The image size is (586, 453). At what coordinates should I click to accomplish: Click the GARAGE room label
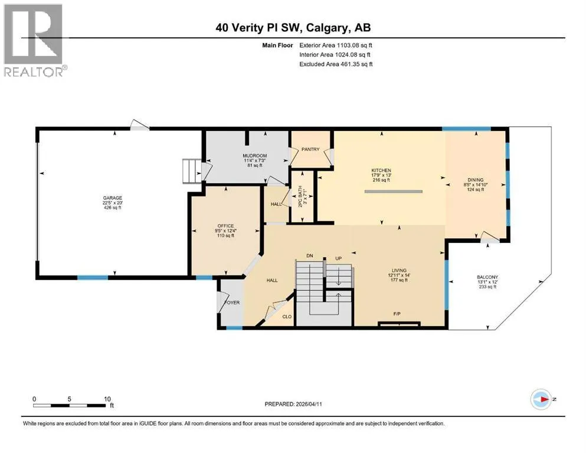(x=113, y=198)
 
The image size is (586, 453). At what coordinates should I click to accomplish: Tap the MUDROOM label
(x=255, y=156)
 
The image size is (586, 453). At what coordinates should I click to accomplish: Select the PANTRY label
(x=310, y=149)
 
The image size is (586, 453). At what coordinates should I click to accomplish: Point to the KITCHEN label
(x=381, y=170)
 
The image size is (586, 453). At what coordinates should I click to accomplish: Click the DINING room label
(x=476, y=180)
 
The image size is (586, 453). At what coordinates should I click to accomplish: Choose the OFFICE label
(x=226, y=226)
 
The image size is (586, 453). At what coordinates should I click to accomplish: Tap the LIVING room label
(x=399, y=270)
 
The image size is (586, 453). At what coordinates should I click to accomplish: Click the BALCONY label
(x=487, y=277)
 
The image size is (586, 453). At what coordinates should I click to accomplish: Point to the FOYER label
(x=232, y=303)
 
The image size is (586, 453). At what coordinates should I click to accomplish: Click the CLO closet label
(x=287, y=317)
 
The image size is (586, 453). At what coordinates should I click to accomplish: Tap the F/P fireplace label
(x=397, y=314)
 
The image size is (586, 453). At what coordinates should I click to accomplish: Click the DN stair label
(x=309, y=256)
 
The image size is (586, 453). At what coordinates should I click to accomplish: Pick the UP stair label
(x=338, y=258)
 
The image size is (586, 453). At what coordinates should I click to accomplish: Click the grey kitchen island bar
(x=394, y=192)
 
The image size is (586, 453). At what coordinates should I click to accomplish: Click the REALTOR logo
(x=35, y=40)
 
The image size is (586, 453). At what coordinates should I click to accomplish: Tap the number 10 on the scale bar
(x=107, y=399)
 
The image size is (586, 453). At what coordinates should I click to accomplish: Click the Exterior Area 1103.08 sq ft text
(x=336, y=45)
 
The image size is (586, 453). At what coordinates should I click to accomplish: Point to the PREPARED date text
(x=293, y=404)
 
